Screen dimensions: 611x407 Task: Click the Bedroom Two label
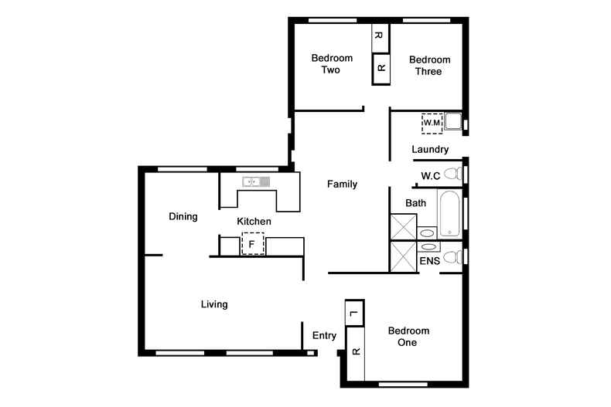332,64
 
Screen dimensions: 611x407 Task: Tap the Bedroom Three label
429,66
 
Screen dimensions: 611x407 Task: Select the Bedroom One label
408,337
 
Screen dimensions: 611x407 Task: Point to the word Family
342,184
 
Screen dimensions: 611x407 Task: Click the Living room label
214,304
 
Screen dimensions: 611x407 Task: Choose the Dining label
183,216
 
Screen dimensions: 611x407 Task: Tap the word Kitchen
254,222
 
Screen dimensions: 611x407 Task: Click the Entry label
324,335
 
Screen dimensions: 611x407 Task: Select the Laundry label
430,149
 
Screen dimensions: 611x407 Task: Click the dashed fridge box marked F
253,243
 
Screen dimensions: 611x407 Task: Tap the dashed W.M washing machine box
432,124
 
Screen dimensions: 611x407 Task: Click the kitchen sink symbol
256,181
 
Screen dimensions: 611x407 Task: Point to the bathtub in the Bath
449,214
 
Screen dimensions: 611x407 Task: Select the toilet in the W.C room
453,173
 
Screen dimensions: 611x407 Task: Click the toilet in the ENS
453,258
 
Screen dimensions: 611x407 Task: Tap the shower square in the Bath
403,226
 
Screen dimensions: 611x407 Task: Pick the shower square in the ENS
403,256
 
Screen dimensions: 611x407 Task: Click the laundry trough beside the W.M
453,121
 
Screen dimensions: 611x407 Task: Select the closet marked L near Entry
354,313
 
